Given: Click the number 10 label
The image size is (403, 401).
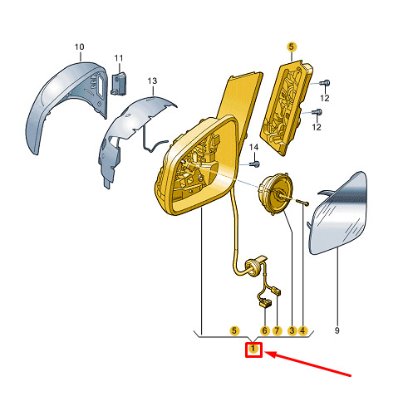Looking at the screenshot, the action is [79, 46].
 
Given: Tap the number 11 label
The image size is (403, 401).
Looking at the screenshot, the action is [119, 58].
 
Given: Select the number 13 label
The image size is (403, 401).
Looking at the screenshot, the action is [152, 81].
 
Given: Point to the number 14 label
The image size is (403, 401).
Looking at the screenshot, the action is [253, 147].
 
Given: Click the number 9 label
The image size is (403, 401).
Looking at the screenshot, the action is [337, 330].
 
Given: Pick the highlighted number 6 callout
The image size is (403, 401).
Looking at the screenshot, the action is [265, 330].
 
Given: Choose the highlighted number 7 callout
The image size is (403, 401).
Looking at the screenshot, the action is [277, 330].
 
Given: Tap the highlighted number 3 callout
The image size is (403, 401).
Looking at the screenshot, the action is [292, 330].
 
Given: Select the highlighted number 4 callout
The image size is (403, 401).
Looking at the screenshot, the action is [302, 330].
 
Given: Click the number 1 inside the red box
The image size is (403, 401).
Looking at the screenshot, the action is [253, 349].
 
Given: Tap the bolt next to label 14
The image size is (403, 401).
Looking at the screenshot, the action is [255, 164].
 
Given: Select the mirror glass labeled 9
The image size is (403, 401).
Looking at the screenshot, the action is [339, 213].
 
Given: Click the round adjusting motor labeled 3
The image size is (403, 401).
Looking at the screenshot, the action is [275, 192].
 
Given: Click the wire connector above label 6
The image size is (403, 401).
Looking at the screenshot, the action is [265, 302].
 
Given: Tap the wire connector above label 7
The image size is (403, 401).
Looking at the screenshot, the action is [277, 291].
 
